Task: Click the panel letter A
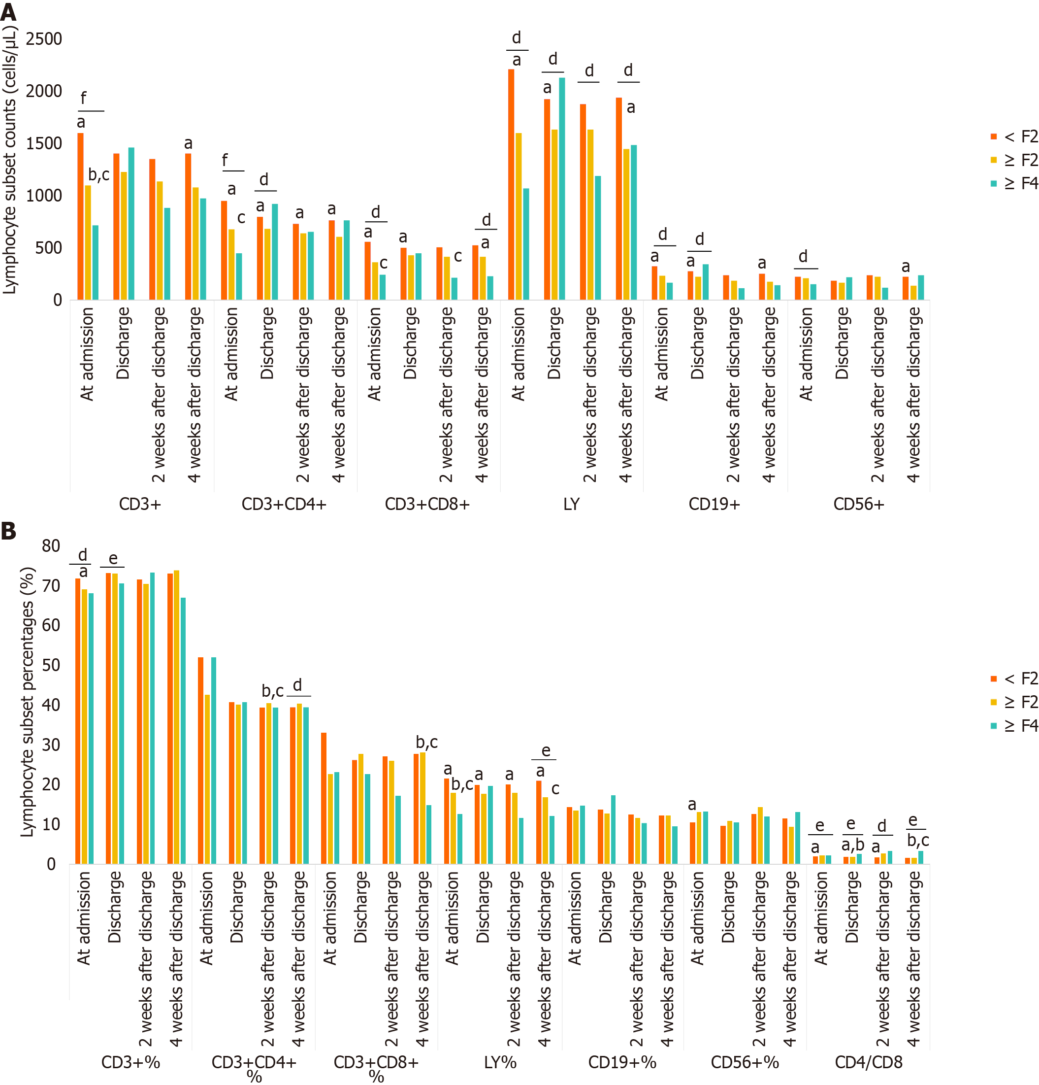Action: pyautogui.click(x=8, y=12)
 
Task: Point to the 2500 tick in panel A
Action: pyautogui.click(x=44, y=39)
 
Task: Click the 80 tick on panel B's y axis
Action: pyautogui.click(x=51, y=546)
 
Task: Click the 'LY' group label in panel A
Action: pyautogui.click(x=571, y=504)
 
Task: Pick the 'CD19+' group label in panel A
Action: pyautogui.click(x=714, y=504)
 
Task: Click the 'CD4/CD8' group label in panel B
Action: pyautogui.click(x=868, y=1062)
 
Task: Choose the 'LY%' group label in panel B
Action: pyautogui.click(x=500, y=1062)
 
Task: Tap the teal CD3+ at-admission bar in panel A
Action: pyautogui.click(x=96, y=263)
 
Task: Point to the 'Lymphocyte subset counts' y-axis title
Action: pyautogui.click(x=10, y=161)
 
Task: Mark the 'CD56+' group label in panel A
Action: pyautogui.click(x=859, y=504)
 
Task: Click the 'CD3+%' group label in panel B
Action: pyautogui.click(x=130, y=1062)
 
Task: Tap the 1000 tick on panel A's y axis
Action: pyautogui.click(x=44, y=196)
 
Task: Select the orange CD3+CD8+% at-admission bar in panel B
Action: pyautogui.click(x=324, y=798)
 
